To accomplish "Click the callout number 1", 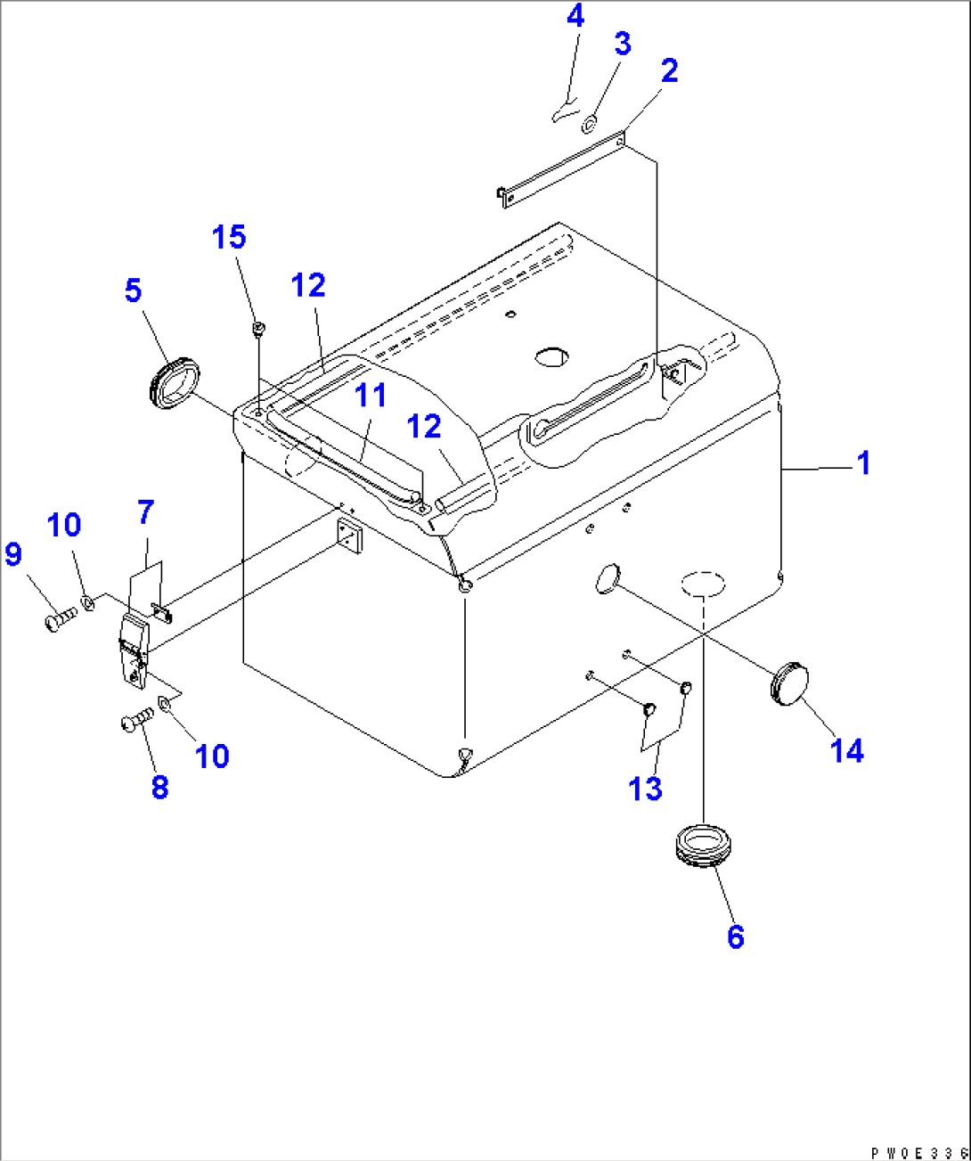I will click(x=862, y=463).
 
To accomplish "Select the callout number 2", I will click(x=669, y=71).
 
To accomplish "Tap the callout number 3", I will click(x=622, y=44).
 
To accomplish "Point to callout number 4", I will click(x=575, y=16).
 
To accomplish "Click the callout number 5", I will click(x=133, y=290).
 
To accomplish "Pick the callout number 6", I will click(x=735, y=936).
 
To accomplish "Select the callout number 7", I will click(x=146, y=512).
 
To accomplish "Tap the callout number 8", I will click(x=159, y=787).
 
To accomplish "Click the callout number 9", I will click(x=13, y=554).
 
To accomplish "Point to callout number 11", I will click(x=371, y=395).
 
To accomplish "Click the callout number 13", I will click(x=645, y=789).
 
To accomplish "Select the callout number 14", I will click(x=846, y=751).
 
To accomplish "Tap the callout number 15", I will click(x=229, y=237).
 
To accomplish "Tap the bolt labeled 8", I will click(x=135, y=722).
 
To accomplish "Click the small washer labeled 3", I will click(x=590, y=125).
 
